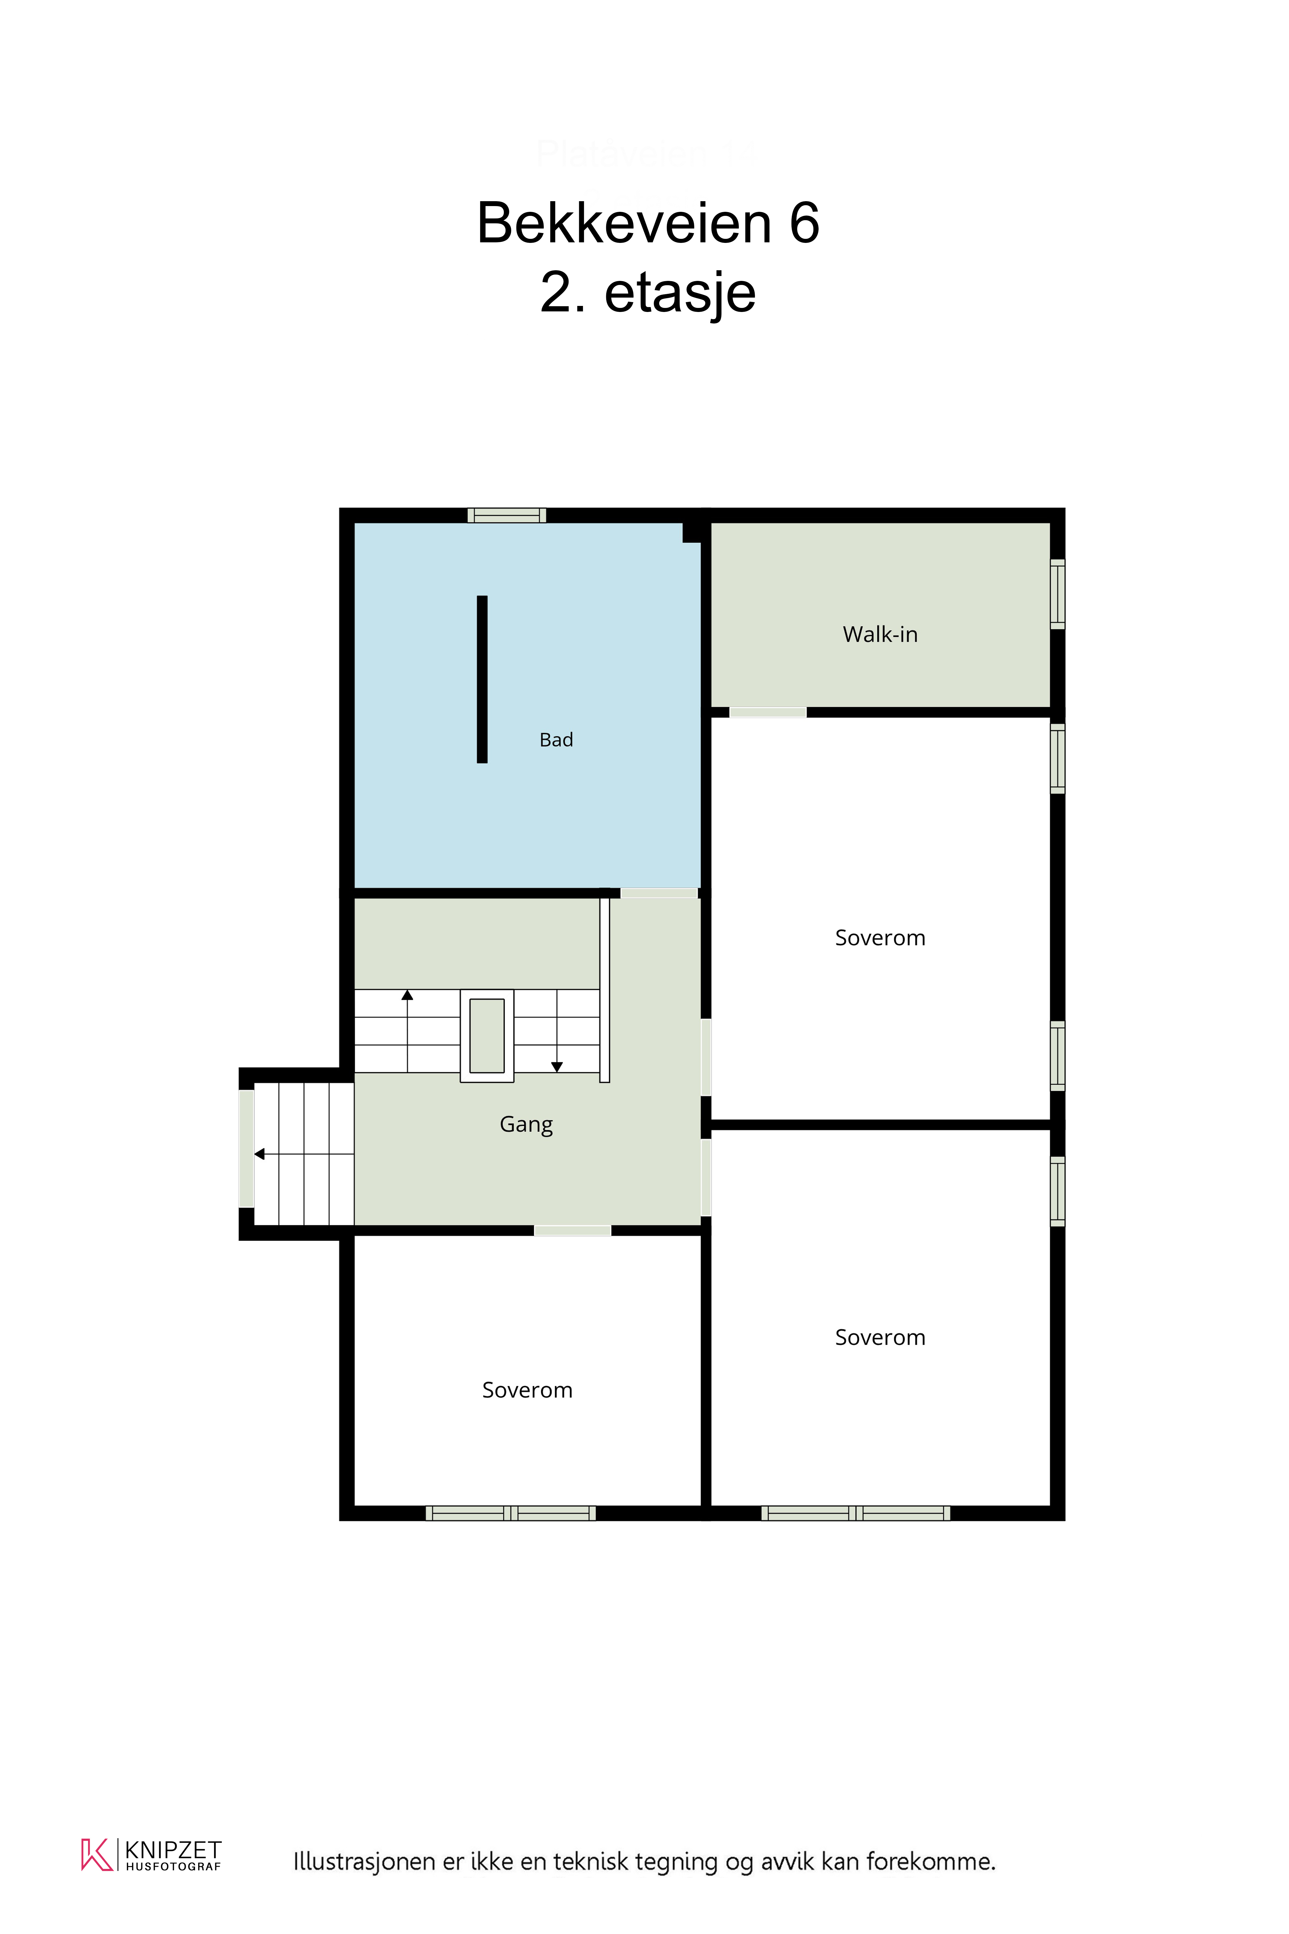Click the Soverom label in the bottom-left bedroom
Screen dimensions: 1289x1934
[527, 1390]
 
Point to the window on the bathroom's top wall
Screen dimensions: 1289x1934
[507, 515]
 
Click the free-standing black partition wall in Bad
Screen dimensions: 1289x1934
[483, 679]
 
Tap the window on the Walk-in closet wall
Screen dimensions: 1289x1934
[1058, 595]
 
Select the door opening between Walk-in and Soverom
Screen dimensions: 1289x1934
[768, 712]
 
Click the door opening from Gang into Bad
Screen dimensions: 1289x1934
[659, 893]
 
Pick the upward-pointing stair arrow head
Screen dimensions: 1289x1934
[407, 995]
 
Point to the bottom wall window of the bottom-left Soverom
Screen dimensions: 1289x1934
[510, 1513]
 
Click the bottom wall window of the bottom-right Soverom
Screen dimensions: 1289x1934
[856, 1513]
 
